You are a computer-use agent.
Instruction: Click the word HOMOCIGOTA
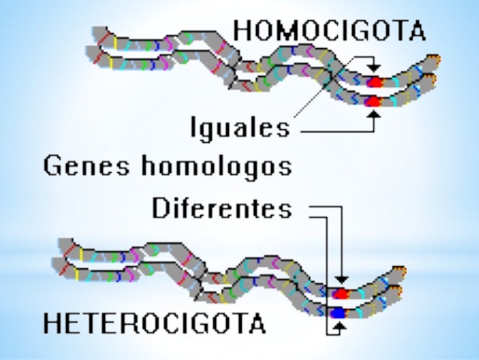point(329,30)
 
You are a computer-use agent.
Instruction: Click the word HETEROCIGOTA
point(154,323)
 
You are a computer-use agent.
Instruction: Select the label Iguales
point(238,128)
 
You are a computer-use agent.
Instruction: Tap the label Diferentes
point(221,208)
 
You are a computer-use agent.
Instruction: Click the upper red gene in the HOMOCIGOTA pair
point(374,82)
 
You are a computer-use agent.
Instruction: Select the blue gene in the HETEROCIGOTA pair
point(339,312)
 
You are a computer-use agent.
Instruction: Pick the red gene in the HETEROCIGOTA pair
point(340,293)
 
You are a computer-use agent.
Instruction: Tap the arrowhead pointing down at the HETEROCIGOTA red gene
point(341,281)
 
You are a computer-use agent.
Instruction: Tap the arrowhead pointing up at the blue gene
point(339,324)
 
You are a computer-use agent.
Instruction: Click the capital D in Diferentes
point(161,208)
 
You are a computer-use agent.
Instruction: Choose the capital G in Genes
point(53,166)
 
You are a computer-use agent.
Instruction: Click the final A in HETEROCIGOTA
point(256,323)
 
